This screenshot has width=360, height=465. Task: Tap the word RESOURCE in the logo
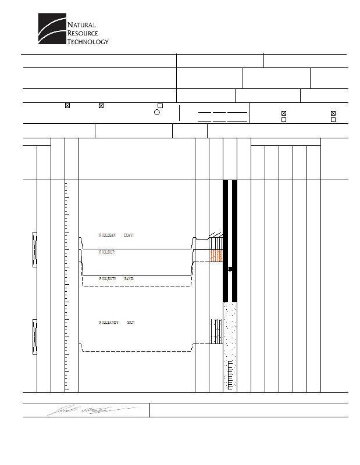click(x=83, y=33)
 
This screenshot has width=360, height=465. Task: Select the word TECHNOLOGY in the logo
click(x=88, y=41)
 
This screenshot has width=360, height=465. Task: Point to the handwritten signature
click(x=93, y=410)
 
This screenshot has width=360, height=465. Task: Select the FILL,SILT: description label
click(x=106, y=252)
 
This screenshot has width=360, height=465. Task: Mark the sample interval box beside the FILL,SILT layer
click(x=35, y=249)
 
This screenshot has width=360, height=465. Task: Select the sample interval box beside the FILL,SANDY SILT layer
click(x=35, y=336)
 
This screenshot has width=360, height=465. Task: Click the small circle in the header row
click(x=157, y=112)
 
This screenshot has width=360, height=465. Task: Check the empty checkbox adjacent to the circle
click(x=160, y=105)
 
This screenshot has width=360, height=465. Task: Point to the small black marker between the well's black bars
click(x=230, y=269)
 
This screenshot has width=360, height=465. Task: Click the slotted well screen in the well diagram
click(x=230, y=375)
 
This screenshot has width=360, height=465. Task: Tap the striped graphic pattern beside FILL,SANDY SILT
click(x=216, y=331)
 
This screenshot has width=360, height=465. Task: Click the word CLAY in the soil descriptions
click(x=129, y=235)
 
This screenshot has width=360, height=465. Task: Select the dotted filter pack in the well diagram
click(x=230, y=331)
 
